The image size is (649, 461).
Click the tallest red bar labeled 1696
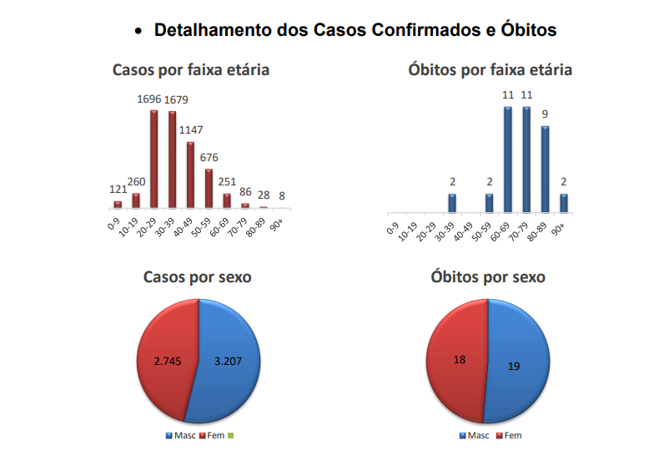[x=154, y=159]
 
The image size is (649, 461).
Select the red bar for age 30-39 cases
[x=173, y=160]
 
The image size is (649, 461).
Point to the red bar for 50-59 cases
[x=209, y=188]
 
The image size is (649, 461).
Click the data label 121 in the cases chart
[x=118, y=190]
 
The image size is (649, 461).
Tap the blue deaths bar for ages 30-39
[x=452, y=202]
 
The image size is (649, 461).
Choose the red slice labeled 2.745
[x=167, y=361]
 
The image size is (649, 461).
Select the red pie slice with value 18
[x=458, y=359]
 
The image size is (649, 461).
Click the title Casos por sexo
[x=198, y=276]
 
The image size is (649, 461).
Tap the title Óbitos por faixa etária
[x=490, y=69]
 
